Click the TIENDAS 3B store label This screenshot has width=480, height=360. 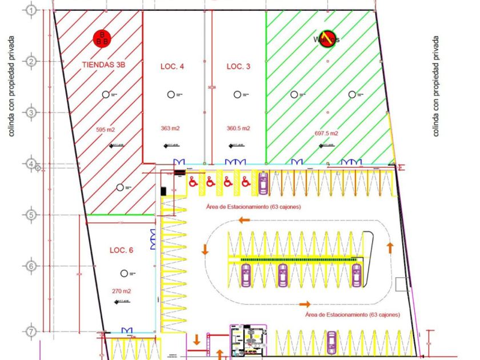(103, 66)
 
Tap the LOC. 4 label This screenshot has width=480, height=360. (172, 67)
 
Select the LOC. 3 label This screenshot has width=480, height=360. (238, 67)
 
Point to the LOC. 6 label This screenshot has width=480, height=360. (121, 250)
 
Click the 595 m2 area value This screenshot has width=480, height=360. (106, 130)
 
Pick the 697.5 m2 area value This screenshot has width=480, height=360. (326, 133)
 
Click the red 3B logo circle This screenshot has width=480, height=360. (103, 38)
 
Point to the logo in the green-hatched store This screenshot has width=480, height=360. (326, 39)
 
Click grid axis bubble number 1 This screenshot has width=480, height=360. (31, 10)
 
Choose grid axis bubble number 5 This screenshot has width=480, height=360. (31, 215)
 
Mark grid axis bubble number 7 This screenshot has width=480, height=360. (31, 331)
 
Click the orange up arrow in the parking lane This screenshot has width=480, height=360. (390, 247)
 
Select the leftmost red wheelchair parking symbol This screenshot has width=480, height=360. (193, 182)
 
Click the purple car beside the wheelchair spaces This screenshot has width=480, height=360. (263, 182)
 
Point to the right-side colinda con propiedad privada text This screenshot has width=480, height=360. (436, 87)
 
